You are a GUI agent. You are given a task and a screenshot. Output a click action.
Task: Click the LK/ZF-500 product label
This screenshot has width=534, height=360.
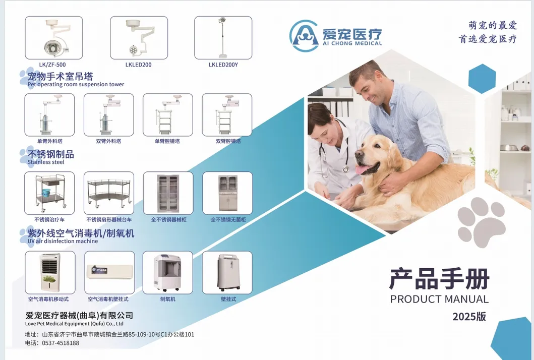[52, 65]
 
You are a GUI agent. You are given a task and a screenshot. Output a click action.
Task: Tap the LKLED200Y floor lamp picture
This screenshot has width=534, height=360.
[223, 38]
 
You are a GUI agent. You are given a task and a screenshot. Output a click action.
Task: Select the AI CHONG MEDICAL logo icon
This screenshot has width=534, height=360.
[304, 36]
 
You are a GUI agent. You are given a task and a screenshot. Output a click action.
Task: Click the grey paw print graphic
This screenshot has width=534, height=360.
[481, 222]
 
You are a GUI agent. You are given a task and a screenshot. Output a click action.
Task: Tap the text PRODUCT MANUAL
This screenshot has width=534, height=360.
[439, 299]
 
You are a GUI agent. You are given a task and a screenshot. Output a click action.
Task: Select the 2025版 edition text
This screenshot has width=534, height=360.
[469, 317]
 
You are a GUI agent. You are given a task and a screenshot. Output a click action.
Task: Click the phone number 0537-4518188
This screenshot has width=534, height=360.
[61, 343]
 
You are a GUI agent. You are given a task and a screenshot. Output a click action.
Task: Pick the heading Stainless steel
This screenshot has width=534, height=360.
[46, 162]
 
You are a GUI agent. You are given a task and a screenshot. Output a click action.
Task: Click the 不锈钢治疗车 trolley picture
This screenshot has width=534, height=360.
[49, 193]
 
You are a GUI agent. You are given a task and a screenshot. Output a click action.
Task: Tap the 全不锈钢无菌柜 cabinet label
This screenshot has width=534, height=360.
[228, 220]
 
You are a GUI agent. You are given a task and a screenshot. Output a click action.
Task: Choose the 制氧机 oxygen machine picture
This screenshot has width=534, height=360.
[167, 273]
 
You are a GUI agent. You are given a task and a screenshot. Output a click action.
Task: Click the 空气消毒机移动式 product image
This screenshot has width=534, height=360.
[50, 273]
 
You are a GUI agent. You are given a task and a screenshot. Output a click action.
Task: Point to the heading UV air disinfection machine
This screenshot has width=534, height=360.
[63, 241]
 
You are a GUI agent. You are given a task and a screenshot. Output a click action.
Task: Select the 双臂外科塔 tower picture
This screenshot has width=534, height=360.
[108, 115]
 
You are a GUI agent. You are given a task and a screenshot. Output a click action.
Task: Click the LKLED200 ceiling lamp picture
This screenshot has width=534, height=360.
[139, 38]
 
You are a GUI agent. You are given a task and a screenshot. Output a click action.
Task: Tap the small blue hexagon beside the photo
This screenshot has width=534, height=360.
[482, 79]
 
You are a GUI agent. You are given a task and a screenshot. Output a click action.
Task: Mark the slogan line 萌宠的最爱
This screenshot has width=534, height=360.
[493, 25]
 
